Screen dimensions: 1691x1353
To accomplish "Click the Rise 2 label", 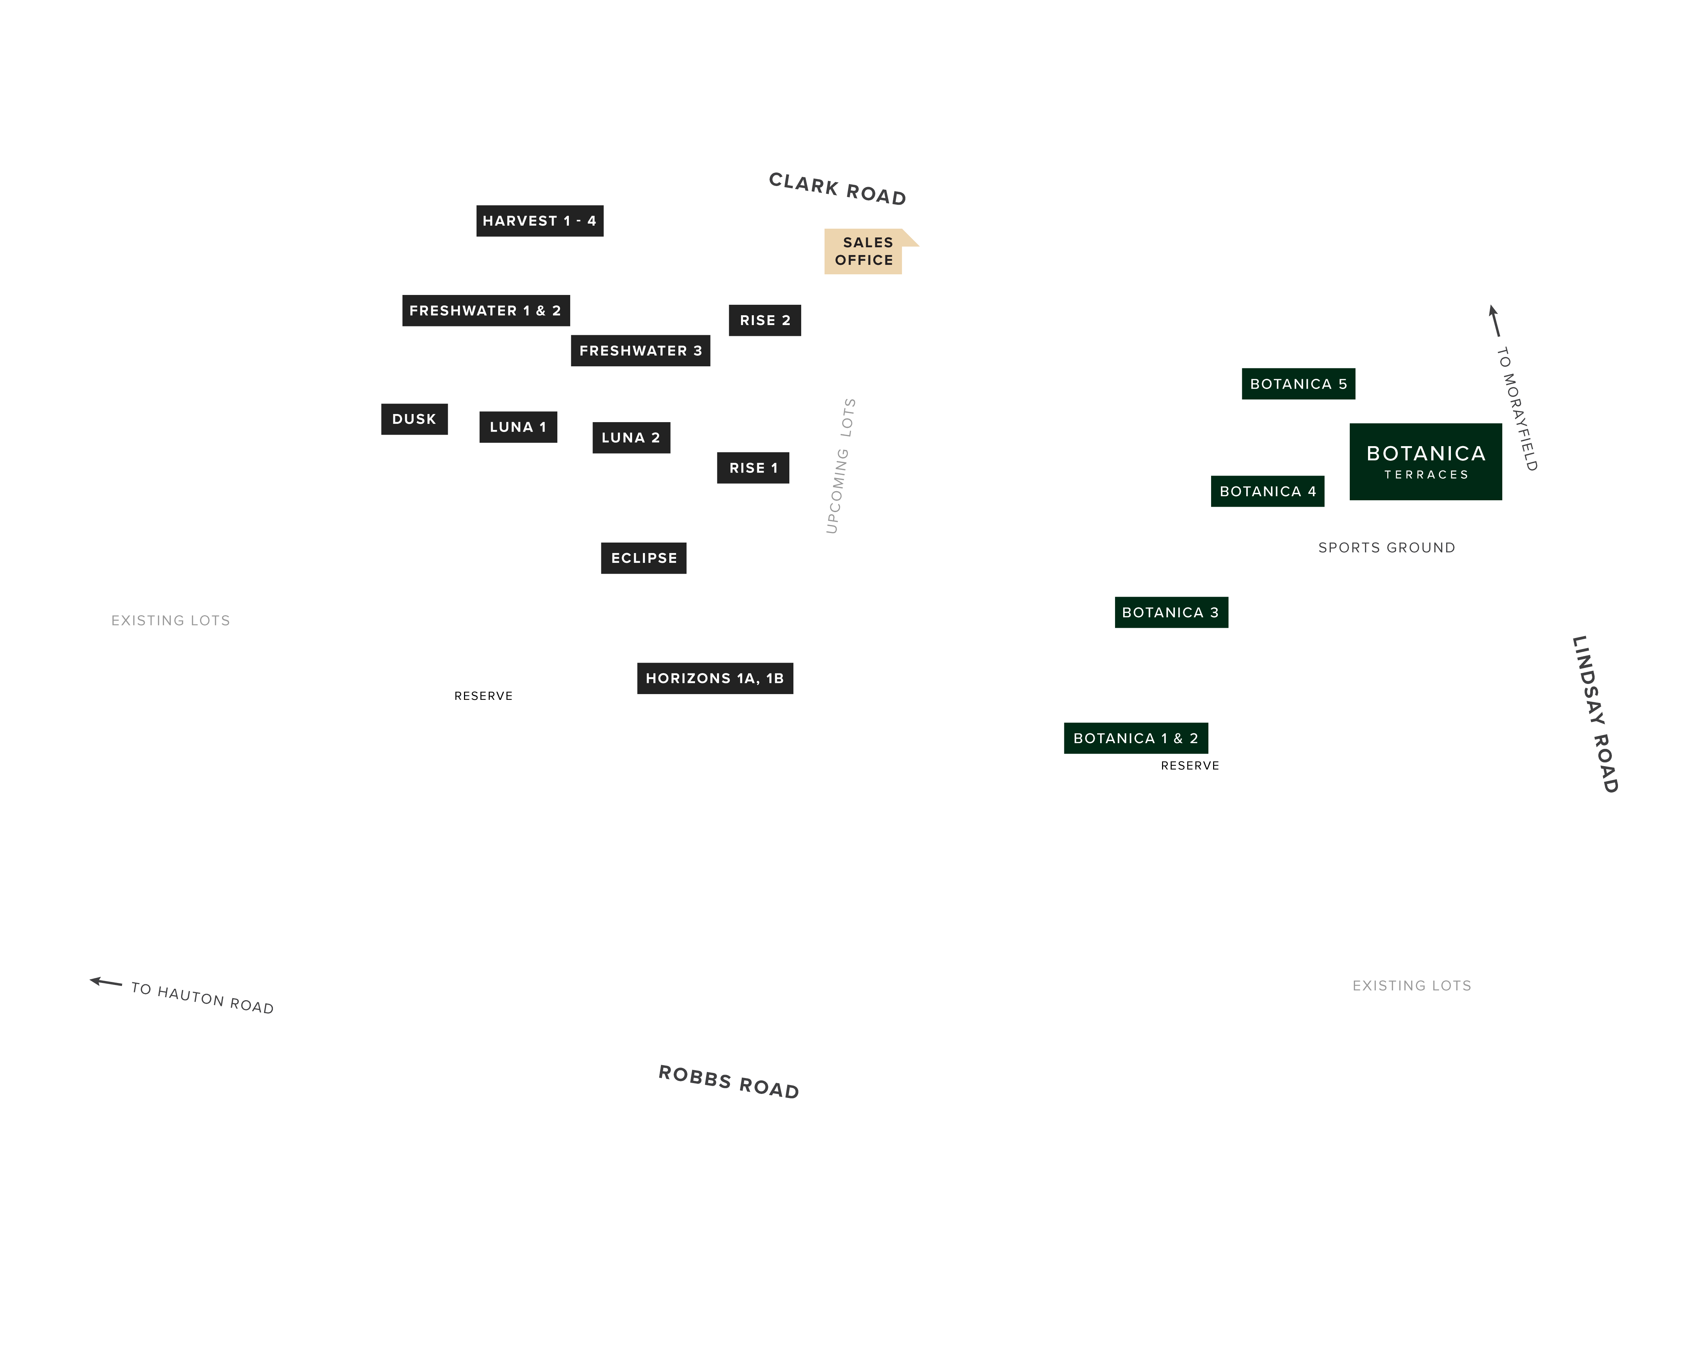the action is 765,320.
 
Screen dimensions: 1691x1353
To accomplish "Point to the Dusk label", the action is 414,419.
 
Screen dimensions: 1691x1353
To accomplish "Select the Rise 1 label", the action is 753,467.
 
